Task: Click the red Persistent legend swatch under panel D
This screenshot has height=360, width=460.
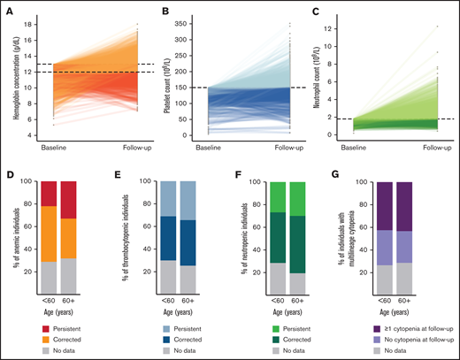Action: [46, 323]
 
